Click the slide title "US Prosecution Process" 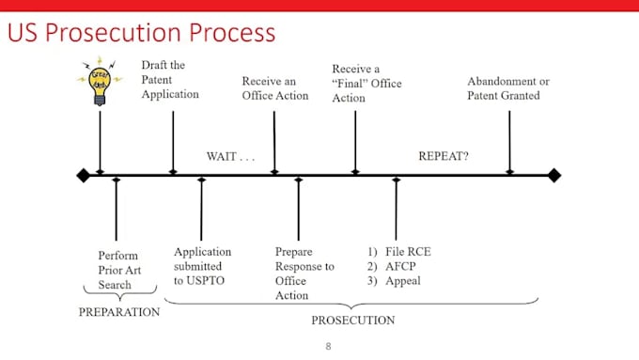tap(142, 34)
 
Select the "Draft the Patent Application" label tap(170, 79)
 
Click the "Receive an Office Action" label tap(274, 88)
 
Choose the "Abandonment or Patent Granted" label tap(508, 88)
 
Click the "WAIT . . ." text tap(231, 155)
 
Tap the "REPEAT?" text tap(444, 155)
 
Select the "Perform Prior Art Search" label tap(117, 269)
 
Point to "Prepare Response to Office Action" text tap(304, 274)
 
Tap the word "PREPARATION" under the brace tap(119, 312)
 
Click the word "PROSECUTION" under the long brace tap(352, 321)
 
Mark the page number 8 tap(328, 346)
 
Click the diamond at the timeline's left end tap(83, 175)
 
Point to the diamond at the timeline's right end tap(554, 175)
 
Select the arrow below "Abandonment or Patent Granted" tap(509, 141)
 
